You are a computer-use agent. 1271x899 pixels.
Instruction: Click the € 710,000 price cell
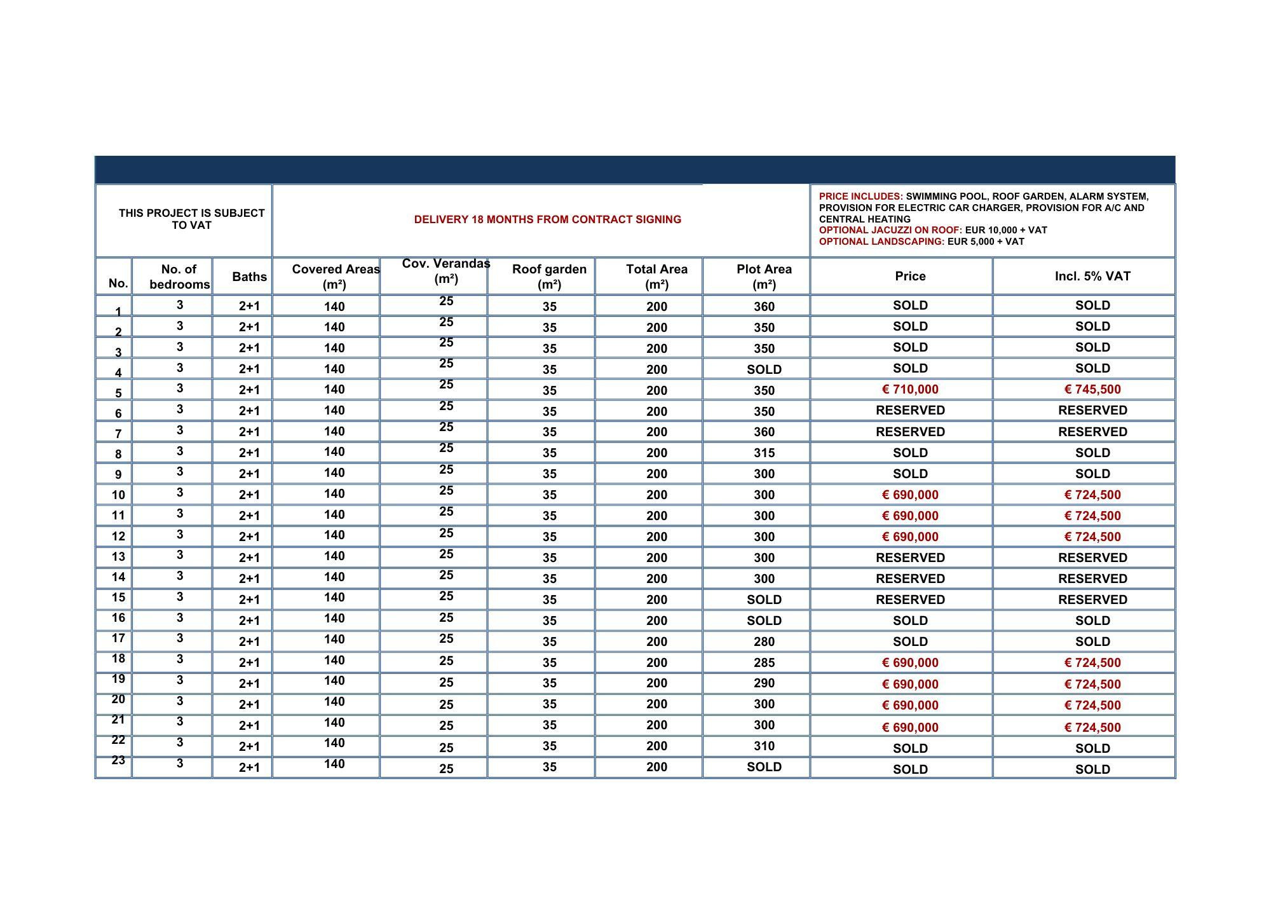point(909,390)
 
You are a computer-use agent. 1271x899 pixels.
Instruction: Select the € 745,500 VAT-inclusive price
point(1092,390)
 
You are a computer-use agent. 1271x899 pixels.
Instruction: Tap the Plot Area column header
point(764,277)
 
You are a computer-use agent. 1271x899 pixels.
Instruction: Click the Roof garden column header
point(549,277)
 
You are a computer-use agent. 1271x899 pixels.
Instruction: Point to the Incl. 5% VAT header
point(1092,277)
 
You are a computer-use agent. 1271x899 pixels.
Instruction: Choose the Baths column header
point(249,277)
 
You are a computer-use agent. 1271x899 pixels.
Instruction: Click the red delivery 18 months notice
point(547,219)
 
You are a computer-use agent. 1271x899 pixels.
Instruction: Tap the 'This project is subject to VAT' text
point(191,219)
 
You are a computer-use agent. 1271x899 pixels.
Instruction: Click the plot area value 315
point(764,453)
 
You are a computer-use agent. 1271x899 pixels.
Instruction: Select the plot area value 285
point(764,662)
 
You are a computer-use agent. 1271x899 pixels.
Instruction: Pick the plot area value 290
point(764,683)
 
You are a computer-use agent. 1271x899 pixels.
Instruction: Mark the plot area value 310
point(764,746)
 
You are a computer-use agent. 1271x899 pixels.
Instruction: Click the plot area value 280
point(764,642)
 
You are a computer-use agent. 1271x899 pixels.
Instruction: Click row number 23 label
point(118,760)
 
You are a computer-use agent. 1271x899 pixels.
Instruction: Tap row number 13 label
point(118,557)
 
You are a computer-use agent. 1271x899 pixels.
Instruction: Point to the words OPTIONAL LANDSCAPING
point(881,242)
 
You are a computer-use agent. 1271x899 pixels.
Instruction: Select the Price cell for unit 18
point(909,662)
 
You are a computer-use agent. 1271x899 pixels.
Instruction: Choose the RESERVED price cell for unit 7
point(909,432)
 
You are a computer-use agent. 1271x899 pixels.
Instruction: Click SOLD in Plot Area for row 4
point(764,369)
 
